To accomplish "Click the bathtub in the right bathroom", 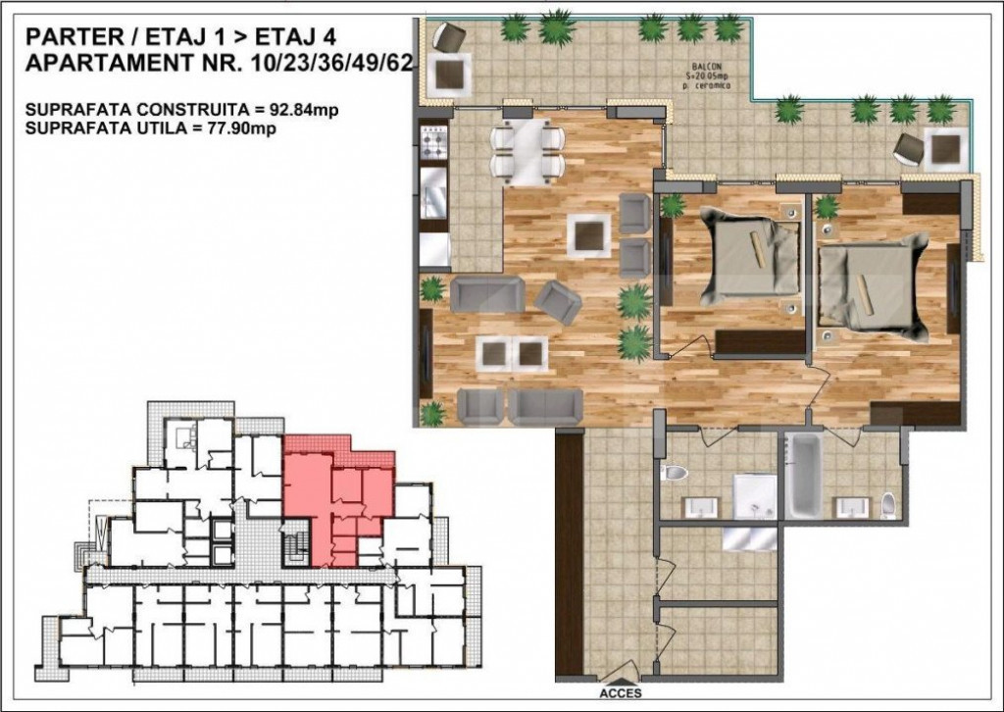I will [x=806, y=477].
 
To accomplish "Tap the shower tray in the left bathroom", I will [x=755, y=496].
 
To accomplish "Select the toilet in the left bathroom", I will [x=676, y=473].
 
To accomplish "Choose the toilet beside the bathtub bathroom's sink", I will [x=888, y=504].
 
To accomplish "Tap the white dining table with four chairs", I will [x=527, y=152].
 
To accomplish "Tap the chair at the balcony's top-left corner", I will [x=451, y=39].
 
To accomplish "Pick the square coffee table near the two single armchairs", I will [x=590, y=233].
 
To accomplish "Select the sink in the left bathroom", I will [x=700, y=505].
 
